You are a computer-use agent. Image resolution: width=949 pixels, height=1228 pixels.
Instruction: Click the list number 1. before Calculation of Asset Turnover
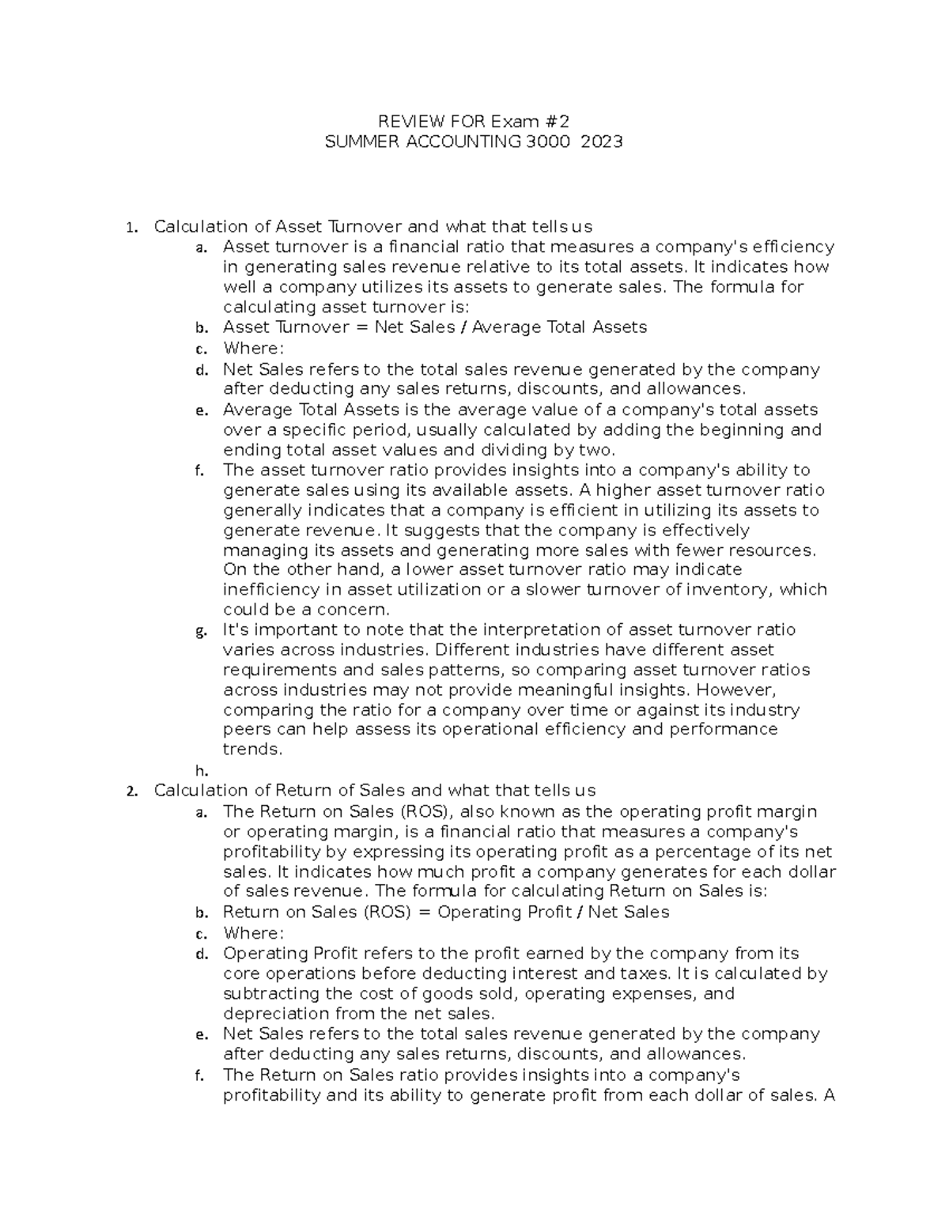[x=132, y=228]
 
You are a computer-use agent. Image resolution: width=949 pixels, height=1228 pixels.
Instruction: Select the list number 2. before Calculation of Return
[x=132, y=791]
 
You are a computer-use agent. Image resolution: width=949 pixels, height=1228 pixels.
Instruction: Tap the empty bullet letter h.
[x=201, y=770]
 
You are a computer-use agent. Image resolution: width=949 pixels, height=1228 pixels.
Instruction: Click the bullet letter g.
[x=201, y=631]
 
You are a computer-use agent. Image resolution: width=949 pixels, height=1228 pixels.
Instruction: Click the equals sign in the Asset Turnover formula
[x=361, y=327]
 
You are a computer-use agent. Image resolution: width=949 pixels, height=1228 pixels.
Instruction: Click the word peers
[x=246, y=729]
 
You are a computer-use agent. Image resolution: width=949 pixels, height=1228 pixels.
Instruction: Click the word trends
[x=252, y=749]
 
